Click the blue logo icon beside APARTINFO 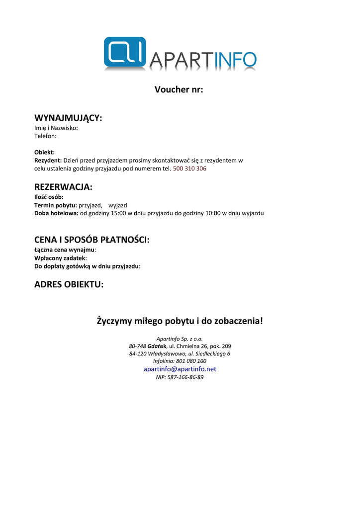(125, 52)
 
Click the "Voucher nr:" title (179, 90)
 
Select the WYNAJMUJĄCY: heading (68, 118)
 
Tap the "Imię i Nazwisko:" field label (56, 128)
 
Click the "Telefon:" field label (45, 136)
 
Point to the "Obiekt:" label (44, 152)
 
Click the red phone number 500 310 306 (189, 169)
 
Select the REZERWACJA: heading (63, 187)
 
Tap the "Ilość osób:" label (49, 197)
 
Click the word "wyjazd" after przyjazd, (118, 205)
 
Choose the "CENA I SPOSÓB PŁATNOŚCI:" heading (92, 240)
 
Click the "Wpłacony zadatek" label (60, 258)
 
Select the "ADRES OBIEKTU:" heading (69, 284)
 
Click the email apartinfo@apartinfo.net (180, 369)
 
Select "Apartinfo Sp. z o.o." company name (180, 339)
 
